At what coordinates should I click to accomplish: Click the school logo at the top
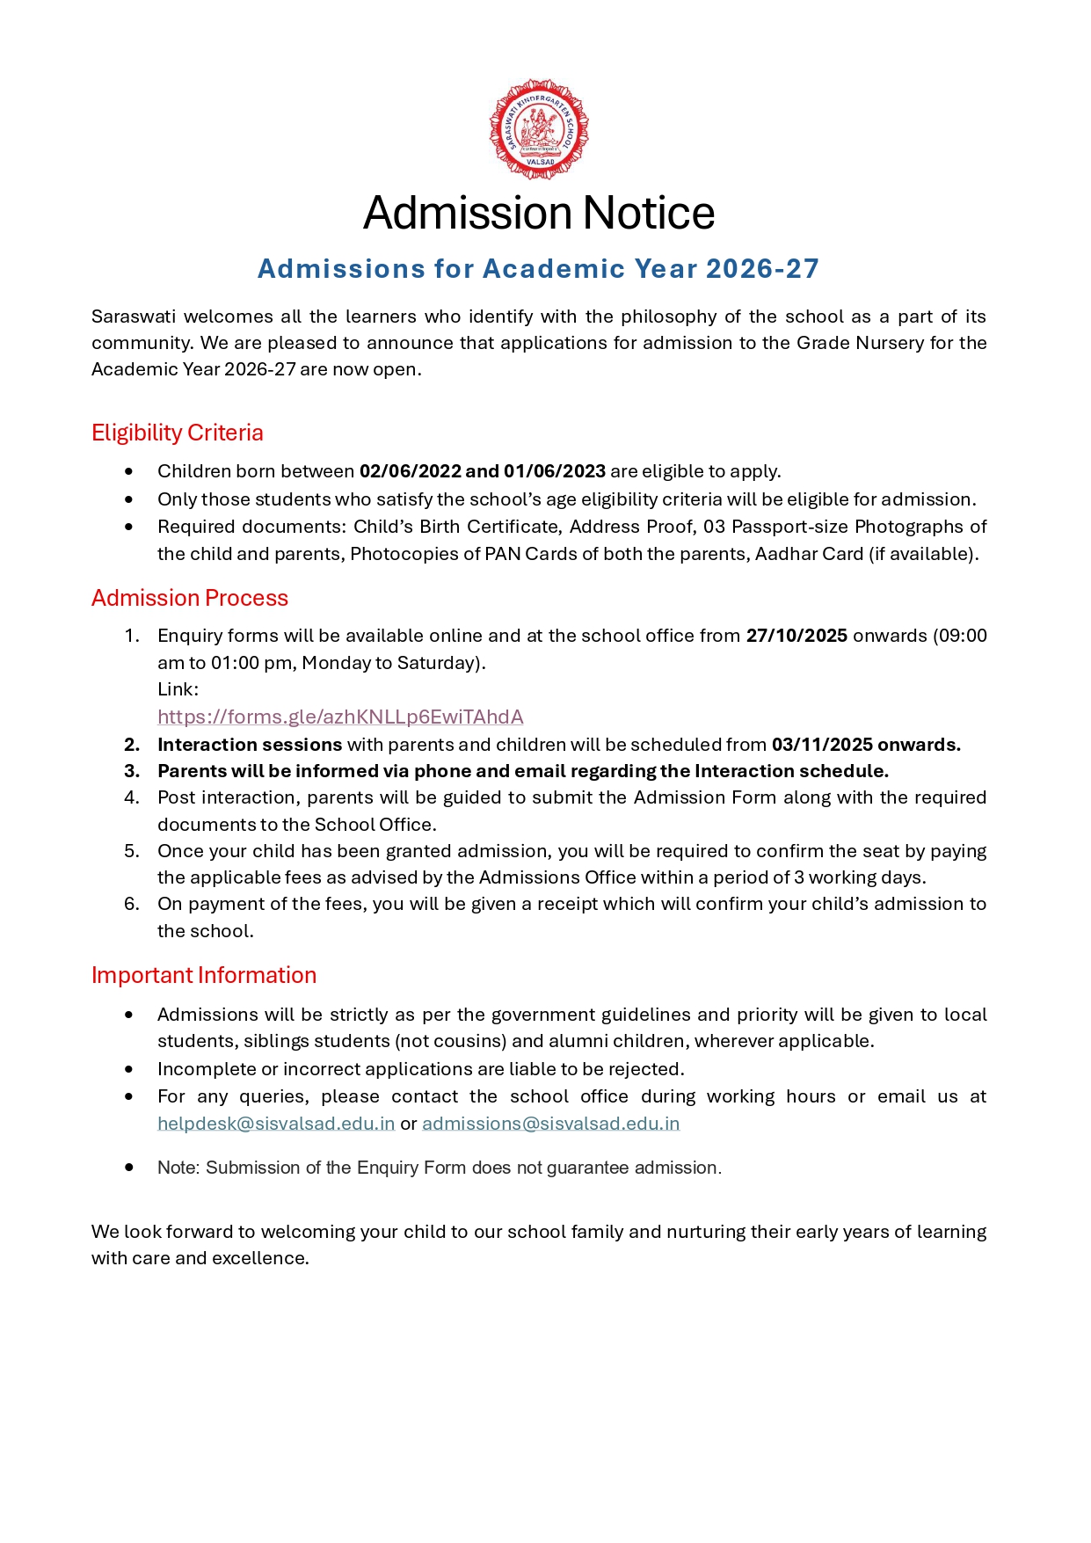click(538, 129)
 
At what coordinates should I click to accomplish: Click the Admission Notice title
click(538, 213)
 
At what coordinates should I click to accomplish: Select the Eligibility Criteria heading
click(178, 433)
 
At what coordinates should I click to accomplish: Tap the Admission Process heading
click(190, 598)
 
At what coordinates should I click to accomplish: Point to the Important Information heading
click(204, 975)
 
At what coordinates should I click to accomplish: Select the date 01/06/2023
click(555, 471)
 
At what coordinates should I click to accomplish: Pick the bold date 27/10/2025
click(796, 636)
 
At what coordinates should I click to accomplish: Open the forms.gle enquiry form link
click(340, 717)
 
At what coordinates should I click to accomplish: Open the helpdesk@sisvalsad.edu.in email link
click(276, 1124)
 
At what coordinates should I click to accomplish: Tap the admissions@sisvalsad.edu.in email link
click(551, 1124)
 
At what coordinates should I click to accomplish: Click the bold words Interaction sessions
click(250, 745)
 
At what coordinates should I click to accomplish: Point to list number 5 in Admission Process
click(131, 851)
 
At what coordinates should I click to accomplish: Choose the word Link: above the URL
click(178, 689)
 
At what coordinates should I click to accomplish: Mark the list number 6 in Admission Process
click(131, 904)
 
